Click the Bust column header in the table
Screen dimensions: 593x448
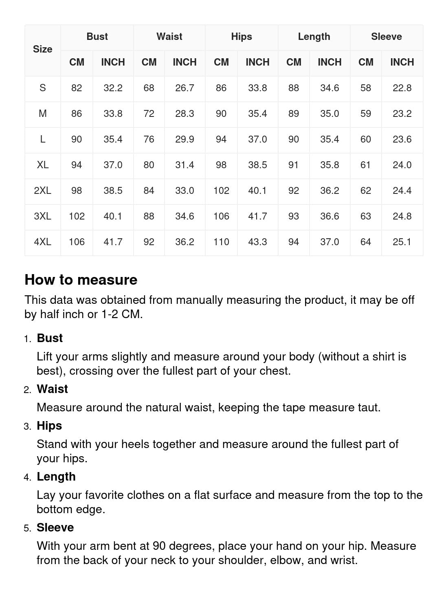[x=97, y=37]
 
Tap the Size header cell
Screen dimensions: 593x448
[x=42, y=49]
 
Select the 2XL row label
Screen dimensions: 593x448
[x=42, y=191]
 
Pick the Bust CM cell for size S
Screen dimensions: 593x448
[x=77, y=88]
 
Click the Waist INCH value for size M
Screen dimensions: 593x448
[x=184, y=114]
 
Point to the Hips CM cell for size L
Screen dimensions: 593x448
[x=221, y=139]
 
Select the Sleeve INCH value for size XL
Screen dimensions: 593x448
[x=402, y=165]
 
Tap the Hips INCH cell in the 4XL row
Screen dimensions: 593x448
[x=257, y=242]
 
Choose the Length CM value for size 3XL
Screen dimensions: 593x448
[x=294, y=216]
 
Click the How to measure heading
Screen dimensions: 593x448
[x=81, y=280]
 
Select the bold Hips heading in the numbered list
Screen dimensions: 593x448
[x=49, y=426]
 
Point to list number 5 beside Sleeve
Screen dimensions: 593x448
[x=27, y=528]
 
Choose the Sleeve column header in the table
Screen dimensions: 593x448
[x=386, y=37]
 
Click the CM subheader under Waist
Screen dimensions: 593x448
[x=149, y=62]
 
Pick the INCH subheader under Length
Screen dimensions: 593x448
[x=329, y=62]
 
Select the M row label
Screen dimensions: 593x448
[x=42, y=114]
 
